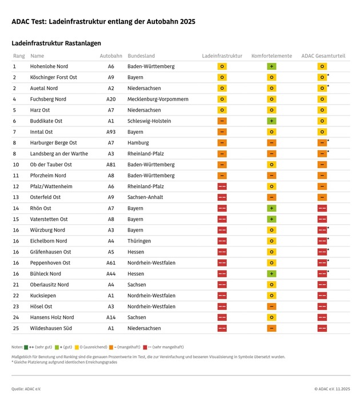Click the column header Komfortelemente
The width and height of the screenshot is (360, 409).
click(x=272, y=56)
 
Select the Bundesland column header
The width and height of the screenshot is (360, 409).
click(x=141, y=56)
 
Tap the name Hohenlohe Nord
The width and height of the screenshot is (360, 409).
click(x=49, y=67)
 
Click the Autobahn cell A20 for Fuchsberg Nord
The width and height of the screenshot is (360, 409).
click(x=111, y=100)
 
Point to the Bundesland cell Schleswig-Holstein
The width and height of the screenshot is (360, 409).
click(x=149, y=121)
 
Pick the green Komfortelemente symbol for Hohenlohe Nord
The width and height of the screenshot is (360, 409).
click(x=272, y=67)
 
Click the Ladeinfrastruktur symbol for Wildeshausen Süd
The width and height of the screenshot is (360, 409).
click(x=222, y=328)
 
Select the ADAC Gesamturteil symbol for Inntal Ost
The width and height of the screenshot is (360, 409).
click(x=322, y=132)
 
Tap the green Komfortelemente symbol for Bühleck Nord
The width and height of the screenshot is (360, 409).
click(x=272, y=274)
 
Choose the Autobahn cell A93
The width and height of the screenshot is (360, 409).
click(x=111, y=132)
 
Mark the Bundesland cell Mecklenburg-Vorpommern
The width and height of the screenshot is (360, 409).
click(x=158, y=100)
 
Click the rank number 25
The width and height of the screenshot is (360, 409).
click(x=15, y=328)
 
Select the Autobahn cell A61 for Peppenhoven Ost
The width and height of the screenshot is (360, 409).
click(x=111, y=263)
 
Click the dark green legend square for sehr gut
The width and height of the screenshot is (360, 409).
click(x=26, y=347)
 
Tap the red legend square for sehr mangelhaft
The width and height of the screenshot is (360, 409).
click(x=146, y=347)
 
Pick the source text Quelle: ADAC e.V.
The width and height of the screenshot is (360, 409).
click(x=26, y=389)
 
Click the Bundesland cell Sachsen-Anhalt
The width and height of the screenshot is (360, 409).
click(x=145, y=197)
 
